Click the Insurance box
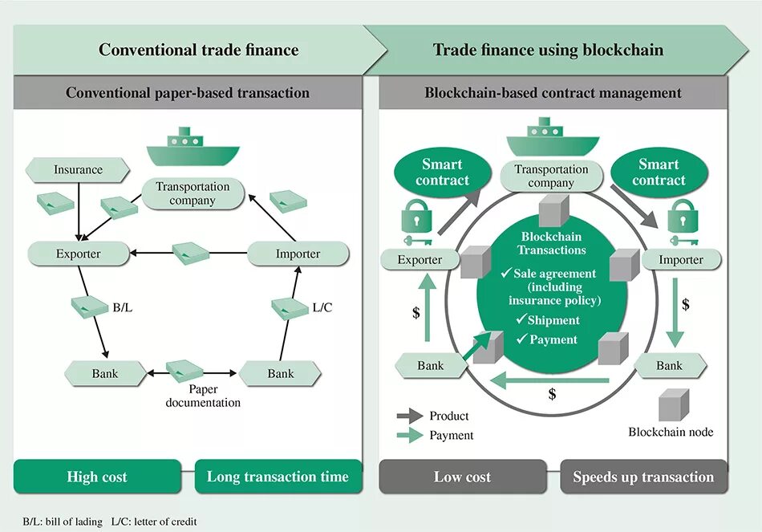tap(78, 170)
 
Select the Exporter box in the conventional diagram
tap(79, 254)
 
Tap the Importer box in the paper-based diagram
tap(298, 254)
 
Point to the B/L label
tap(123, 308)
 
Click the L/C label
tap(322, 307)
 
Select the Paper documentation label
tap(203, 396)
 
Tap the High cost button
tap(97, 477)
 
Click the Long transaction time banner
tap(278, 477)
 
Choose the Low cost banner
tap(463, 477)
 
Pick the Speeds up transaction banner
tap(644, 477)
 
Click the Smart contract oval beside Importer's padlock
tap(659, 173)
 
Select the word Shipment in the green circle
tap(553, 320)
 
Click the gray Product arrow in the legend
tap(410, 416)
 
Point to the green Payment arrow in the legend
tap(410, 435)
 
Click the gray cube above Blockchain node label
tap(674, 404)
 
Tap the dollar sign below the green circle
tap(552, 394)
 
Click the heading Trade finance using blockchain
tap(548, 50)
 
